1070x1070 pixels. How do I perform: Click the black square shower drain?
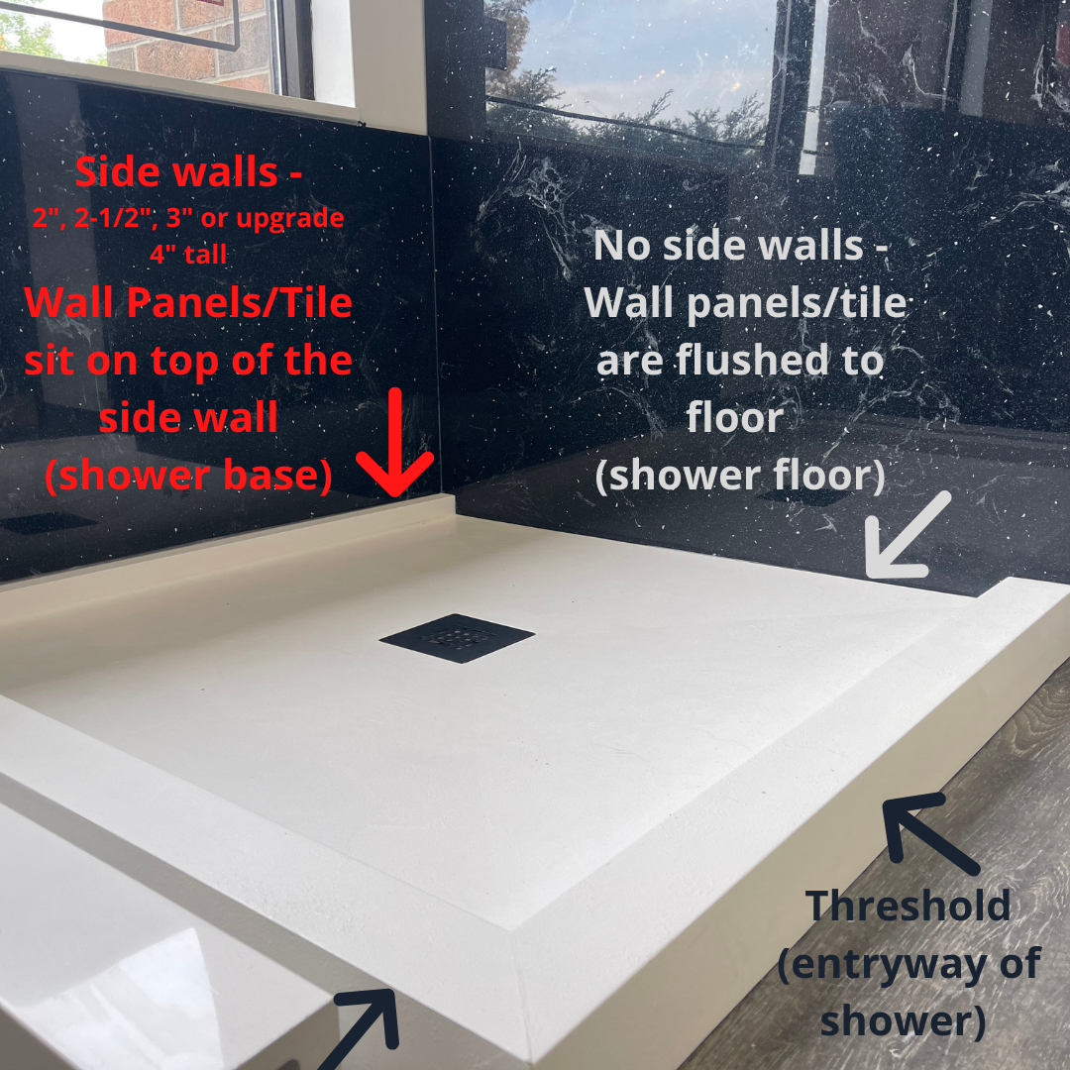point(457,637)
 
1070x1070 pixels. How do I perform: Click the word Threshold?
point(908,906)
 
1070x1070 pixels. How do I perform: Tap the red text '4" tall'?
point(188,255)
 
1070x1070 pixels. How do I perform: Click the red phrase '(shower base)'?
point(188,476)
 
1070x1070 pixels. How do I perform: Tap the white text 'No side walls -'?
point(740,246)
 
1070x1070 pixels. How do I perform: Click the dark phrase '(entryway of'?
point(908,964)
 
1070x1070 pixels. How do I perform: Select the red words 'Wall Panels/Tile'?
point(188,303)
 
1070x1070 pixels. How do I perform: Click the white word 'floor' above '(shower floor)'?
point(735,417)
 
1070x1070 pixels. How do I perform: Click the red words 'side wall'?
point(188,417)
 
